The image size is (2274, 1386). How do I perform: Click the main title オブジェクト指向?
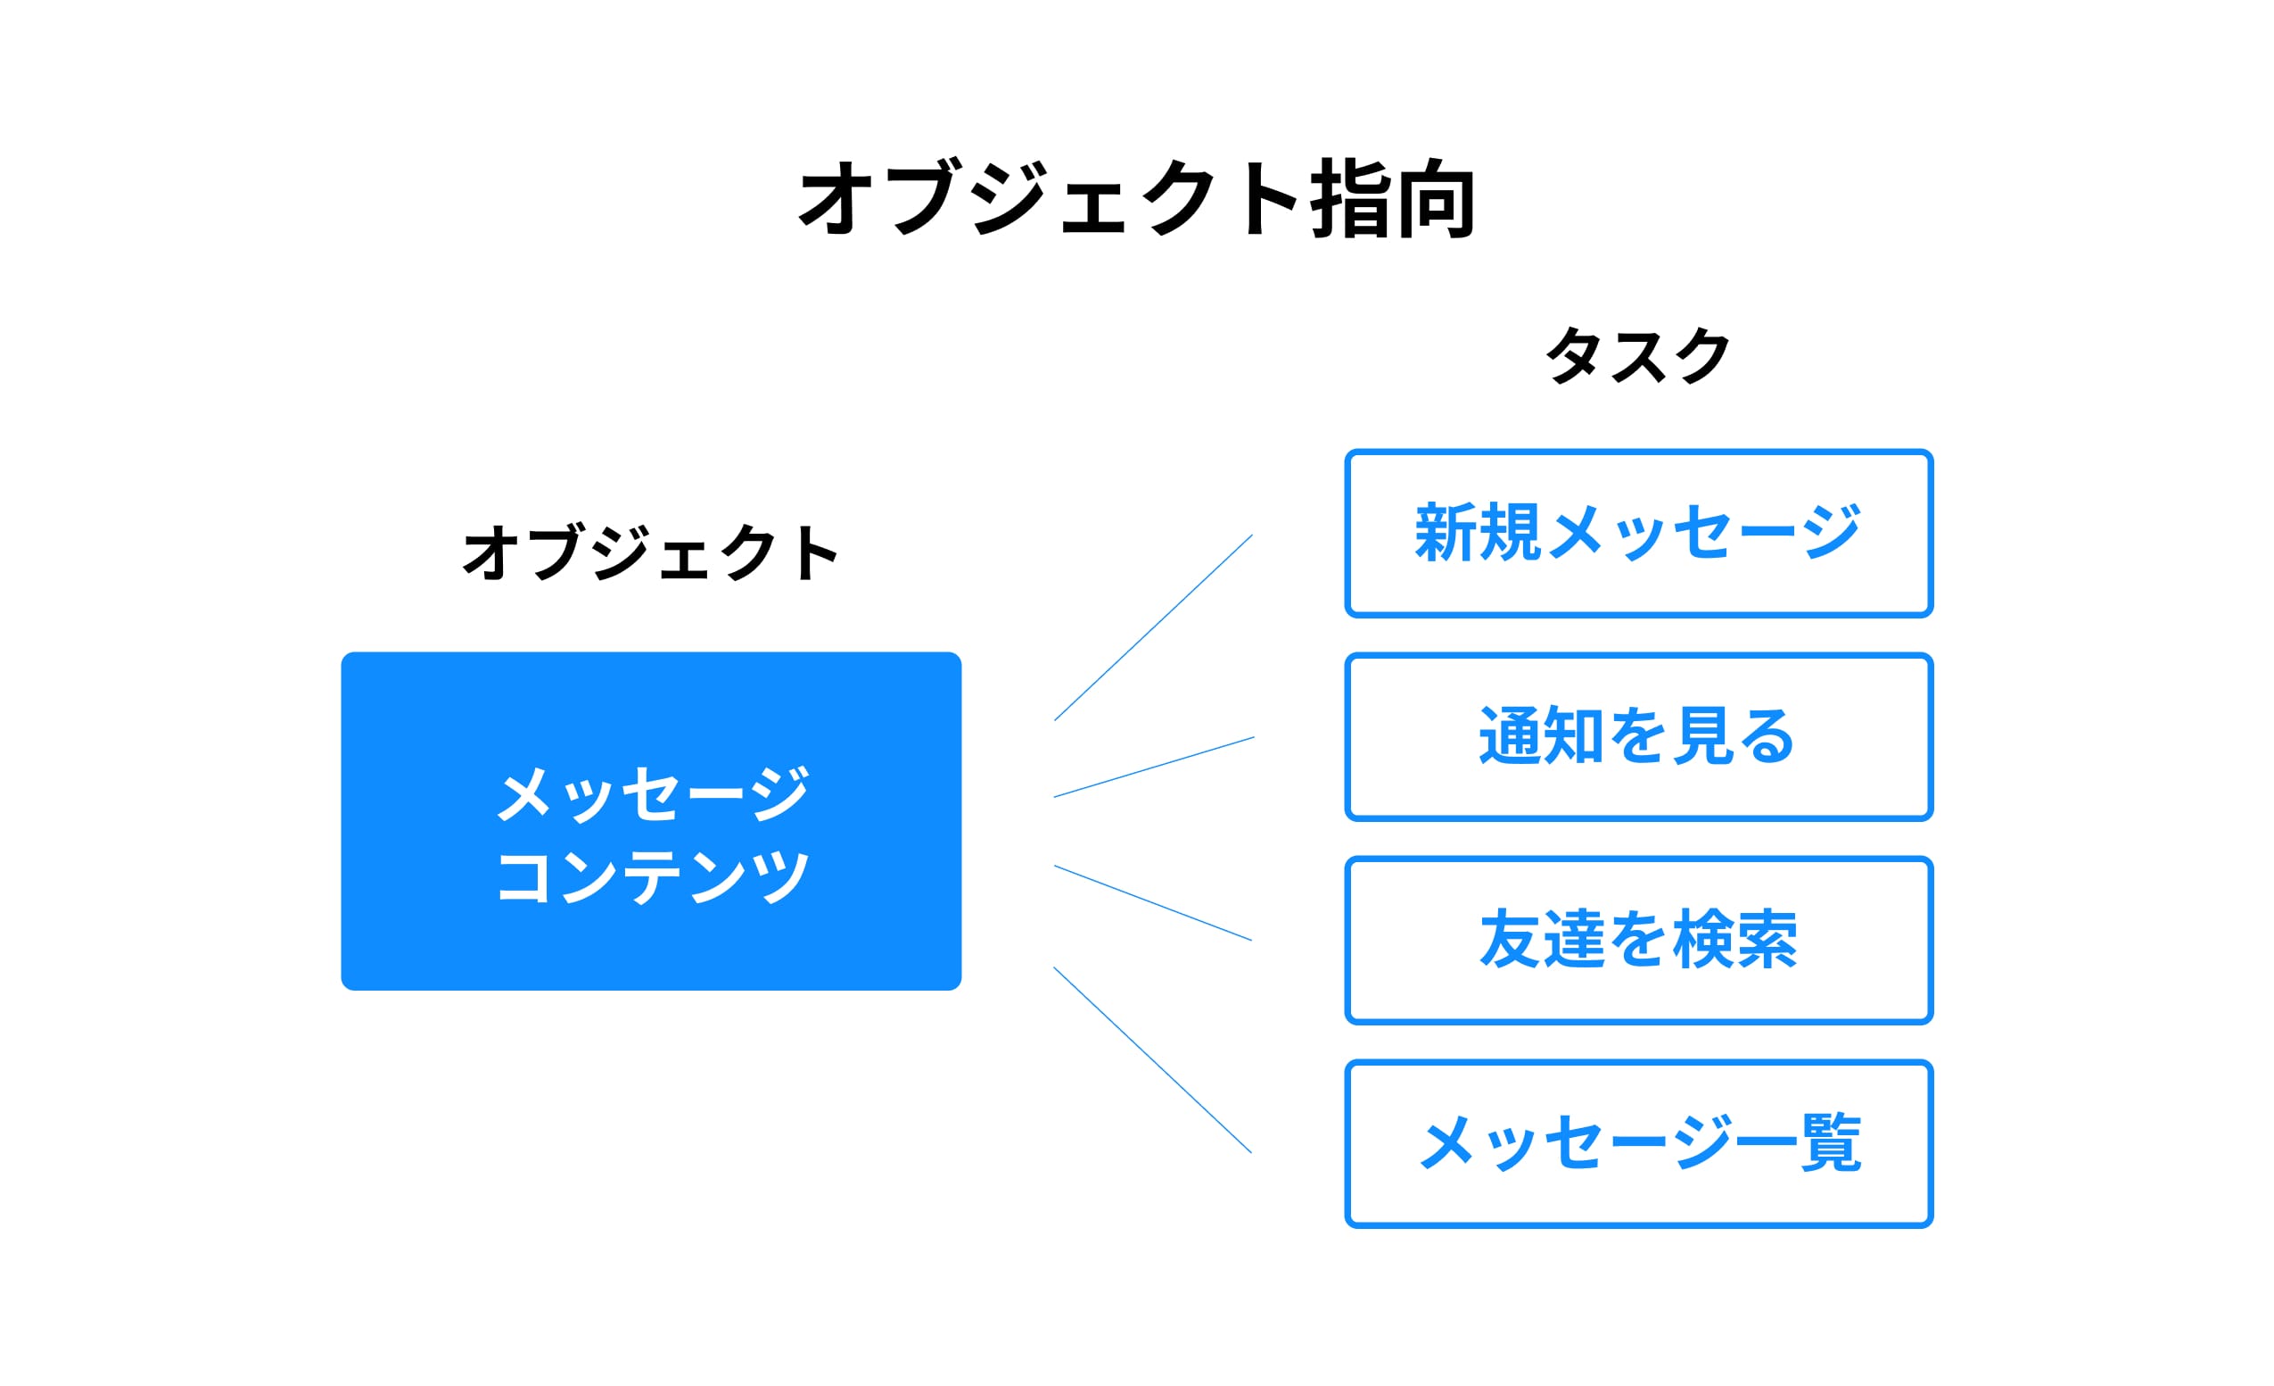point(1137,198)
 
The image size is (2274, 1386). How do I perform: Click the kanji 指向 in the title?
point(1394,198)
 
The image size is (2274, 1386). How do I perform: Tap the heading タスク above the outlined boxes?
point(1638,355)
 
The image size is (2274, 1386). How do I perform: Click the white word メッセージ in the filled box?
point(654,793)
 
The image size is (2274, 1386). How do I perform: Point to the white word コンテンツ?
point(654,876)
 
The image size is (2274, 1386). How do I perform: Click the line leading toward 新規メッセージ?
point(1154,627)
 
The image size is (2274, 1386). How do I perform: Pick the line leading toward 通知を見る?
point(1154,768)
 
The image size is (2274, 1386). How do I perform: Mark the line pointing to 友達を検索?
point(1154,903)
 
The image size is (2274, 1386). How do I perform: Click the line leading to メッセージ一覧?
point(1154,1060)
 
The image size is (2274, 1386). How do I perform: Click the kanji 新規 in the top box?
point(1479,533)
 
